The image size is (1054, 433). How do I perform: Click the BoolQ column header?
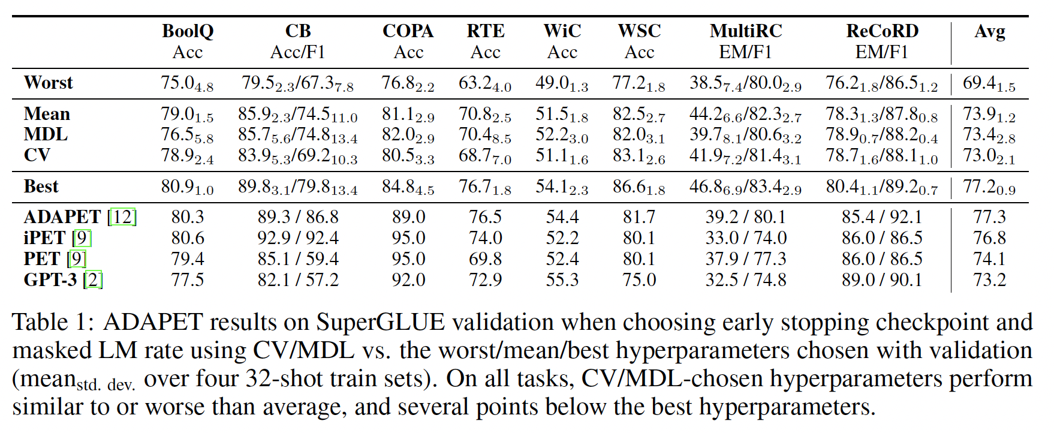click(187, 31)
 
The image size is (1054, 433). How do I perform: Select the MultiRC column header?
click(745, 31)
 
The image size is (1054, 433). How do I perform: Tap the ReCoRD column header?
click(882, 31)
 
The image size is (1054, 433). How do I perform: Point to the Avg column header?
click(989, 31)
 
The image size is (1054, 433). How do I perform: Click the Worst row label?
click(48, 83)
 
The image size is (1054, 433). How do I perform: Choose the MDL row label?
click(46, 134)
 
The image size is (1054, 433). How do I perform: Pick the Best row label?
click(41, 187)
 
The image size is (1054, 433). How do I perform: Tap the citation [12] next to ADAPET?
click(122, 217)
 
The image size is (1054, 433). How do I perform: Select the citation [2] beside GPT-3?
click(93, 280)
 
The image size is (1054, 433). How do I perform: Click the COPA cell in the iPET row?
click(408, 238)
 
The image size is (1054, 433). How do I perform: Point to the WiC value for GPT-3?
click(562, 280)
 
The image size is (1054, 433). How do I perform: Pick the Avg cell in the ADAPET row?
click(989, 217)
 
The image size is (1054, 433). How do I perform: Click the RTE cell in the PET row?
click(485, 259)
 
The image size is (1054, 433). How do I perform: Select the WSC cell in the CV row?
click(639, 156)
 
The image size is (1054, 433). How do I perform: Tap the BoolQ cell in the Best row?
click(187, 187)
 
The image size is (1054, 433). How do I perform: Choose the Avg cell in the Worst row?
click(989, 83)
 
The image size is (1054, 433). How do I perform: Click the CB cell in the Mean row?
click(297, 114)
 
